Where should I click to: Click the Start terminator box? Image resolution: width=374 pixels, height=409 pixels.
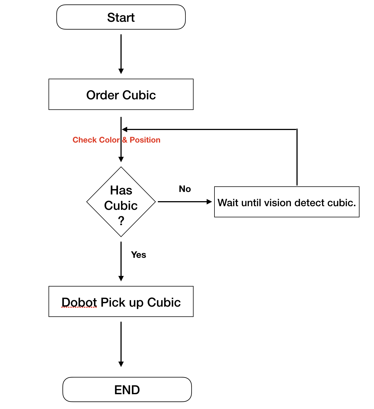(121, 17)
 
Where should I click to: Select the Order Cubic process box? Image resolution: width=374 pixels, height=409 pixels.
(121, 94)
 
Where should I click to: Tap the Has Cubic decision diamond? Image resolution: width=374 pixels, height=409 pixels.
(121, 201)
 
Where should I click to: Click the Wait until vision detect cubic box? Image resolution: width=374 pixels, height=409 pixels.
(286, 202)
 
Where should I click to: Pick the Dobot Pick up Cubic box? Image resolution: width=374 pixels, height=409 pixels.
(121, 301)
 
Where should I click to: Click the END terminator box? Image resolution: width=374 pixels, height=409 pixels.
(127, 389)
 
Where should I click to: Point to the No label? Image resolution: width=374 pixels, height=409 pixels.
(185, 189)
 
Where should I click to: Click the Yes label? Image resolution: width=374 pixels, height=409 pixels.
(138, 255)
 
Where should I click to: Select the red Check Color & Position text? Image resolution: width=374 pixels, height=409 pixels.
(116, 140)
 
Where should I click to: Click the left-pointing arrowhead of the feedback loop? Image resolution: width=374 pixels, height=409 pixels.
(125, 129)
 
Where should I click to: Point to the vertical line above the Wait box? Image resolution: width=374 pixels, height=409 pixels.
(297, 158)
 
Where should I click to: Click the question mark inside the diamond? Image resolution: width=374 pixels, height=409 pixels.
(121, 221)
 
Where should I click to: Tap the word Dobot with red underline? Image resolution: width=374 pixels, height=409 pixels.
(79, 302)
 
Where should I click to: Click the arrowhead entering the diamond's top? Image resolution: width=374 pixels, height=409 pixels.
(121, 159)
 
